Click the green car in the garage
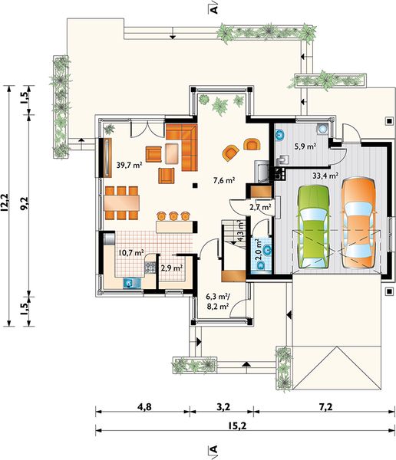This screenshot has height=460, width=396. [314, 227]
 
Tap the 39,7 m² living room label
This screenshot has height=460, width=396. [129, 165]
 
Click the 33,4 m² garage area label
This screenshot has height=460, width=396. [325, 176]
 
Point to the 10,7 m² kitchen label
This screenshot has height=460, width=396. [130, 252]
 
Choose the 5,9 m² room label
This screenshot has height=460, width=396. [305, 146]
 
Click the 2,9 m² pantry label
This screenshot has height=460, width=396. [172, 268]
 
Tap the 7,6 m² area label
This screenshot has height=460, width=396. [224, 180]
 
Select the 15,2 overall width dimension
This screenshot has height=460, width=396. [237, 426]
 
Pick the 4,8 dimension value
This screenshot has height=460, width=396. [145, 407]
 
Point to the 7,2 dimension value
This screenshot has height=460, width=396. [326, 407]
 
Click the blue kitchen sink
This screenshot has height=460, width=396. [132, 283]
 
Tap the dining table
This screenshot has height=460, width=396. [121, 202]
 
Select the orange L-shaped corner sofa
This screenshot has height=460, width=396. [182, 147]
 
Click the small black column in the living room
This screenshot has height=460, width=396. [194, 185]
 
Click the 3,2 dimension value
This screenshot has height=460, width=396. [223, 407]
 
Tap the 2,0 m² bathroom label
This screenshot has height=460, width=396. [259, 250]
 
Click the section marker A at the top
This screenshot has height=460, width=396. [214, 9]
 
